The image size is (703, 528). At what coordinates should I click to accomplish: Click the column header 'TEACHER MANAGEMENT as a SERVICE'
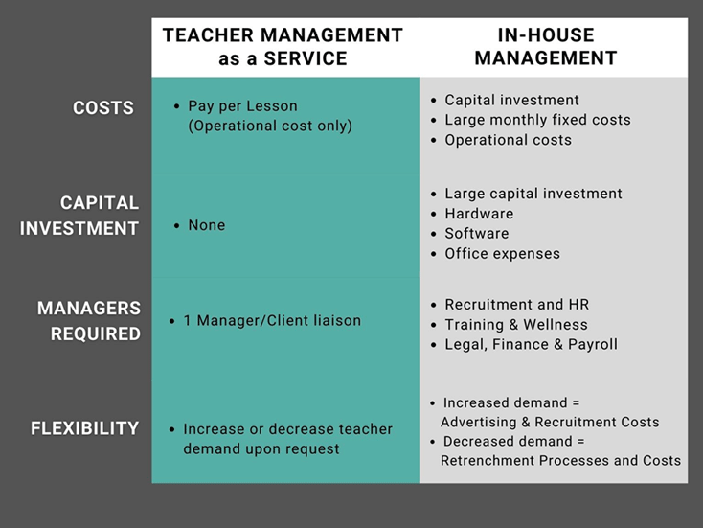283,47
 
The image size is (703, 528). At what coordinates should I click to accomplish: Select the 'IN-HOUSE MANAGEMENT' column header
546,47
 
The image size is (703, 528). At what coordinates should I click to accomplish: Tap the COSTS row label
103,107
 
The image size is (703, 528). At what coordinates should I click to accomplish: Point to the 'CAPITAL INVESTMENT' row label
79,216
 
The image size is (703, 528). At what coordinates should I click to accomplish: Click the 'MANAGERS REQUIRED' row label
89,321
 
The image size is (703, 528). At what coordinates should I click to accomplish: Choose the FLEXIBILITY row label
84,428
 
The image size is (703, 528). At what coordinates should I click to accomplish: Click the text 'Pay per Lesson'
242,106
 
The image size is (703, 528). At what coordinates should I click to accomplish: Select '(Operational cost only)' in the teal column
270,126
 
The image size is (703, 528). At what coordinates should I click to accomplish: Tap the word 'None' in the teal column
207,225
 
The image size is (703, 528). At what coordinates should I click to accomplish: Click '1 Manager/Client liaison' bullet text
272,320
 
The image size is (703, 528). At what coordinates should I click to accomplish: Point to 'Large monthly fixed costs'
537,120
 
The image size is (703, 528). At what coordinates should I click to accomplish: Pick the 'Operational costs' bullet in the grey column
508,140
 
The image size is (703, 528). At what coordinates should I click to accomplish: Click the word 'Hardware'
479,214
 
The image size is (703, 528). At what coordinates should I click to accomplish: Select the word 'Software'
477,233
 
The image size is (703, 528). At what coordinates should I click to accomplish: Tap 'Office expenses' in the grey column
502,253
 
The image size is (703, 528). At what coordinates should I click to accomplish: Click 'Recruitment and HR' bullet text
516,304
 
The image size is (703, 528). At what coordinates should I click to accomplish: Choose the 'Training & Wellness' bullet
516,324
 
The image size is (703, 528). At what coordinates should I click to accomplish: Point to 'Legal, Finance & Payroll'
531,345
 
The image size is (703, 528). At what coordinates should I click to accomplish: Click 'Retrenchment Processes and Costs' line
560,460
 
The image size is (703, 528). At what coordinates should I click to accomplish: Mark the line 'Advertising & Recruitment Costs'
550,422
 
